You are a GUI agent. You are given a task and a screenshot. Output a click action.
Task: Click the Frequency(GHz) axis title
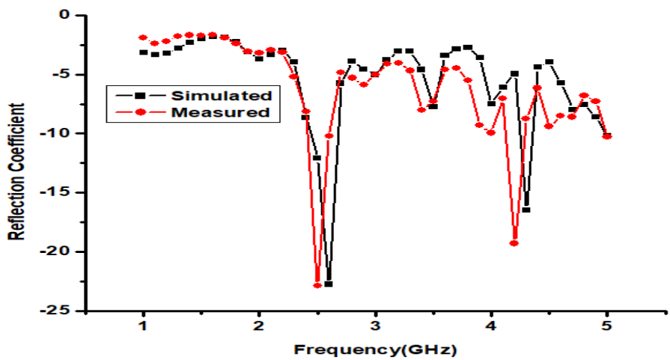click(x=375, y=349)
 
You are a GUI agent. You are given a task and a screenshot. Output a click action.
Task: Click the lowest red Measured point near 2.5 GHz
click(x=317, y=285)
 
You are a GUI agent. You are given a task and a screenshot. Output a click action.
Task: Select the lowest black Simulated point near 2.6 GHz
click(x=329, y=284)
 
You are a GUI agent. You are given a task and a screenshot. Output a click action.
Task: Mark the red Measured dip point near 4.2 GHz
click(x=514, y=242)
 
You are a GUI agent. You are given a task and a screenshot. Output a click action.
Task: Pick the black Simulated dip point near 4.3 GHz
click(x=526, y=210)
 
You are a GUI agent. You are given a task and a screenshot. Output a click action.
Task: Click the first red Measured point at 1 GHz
click(x=143, y=37)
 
